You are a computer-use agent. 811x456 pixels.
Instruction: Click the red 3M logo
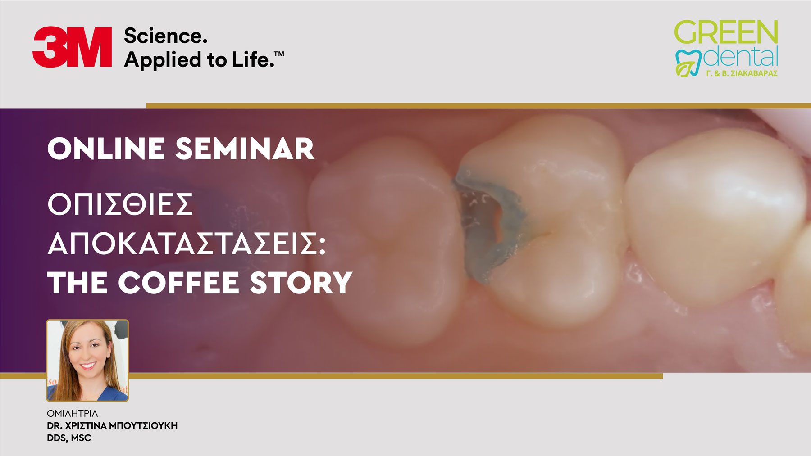(x=72, y=47)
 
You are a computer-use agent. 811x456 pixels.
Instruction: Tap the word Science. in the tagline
(x=166, y=36)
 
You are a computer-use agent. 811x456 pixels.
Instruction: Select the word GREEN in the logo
(x=726, y=32)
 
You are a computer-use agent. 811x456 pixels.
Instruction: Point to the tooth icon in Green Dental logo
(x=688, y=63)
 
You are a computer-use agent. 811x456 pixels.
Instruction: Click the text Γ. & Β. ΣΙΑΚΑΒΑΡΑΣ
(x=742, y=73)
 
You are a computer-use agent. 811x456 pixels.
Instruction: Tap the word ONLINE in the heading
(x=106, y=149)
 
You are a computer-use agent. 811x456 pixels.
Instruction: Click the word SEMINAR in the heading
(x=245, y=149)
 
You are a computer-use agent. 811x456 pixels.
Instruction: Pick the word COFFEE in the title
(x=178, y=283)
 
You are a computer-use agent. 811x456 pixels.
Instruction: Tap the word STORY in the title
(x=301, y=283)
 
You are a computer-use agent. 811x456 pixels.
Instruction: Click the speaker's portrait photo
(x=87, y=360)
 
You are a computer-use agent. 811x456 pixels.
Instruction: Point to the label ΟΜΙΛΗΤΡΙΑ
(x=72, y=413)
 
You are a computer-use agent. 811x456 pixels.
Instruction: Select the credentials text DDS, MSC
(x=69, y=438)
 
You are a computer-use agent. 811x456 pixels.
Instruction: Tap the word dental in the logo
(x=741, y=57)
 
